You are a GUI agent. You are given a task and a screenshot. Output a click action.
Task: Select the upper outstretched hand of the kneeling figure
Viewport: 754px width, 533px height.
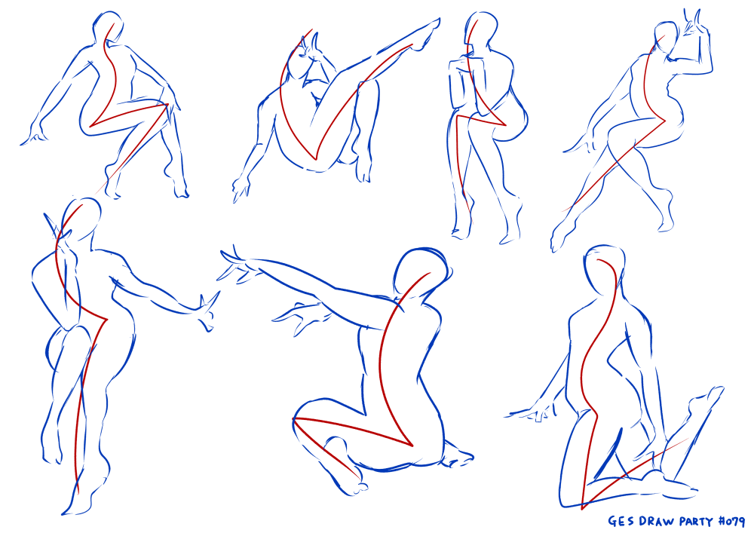pyautogui.click(x=235, y=265)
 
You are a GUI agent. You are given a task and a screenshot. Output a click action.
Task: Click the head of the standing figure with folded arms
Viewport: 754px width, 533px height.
pyautogui.click(x=481, y=31)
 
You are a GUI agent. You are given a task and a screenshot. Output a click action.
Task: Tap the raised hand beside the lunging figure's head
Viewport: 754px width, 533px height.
pyautogui.click(x=696, y=27)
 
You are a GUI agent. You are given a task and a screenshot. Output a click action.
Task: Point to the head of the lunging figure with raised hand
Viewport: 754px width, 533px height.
pyautogui.click(x=667, y=38)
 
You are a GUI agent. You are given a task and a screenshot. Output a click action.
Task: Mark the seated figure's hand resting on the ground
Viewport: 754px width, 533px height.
pyautogui.click(x=531, y=412)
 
